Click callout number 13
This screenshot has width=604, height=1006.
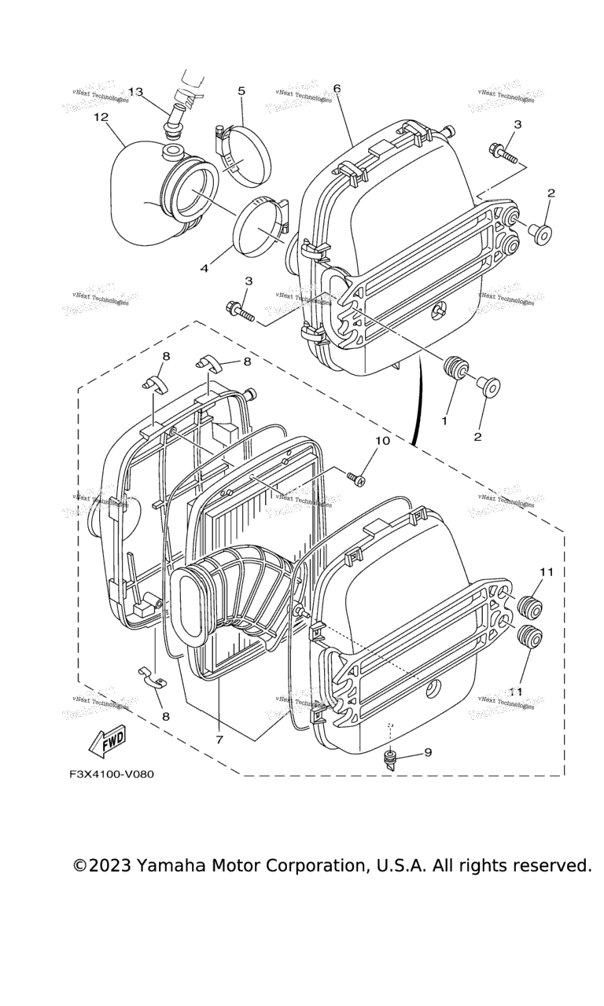(x=136, y=92)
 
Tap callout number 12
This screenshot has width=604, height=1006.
(x=100, y=117)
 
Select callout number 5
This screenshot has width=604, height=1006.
(x=241, y=91)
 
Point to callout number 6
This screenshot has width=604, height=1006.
(x=337, y=88)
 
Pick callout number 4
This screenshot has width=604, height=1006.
(x=204, y=269)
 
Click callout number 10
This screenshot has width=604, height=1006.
(x=381, y=441)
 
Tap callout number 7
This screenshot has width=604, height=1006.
(x=219, y=740)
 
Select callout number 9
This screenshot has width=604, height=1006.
(x=428, y=752)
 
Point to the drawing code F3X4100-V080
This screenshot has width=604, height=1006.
(x=111, y=774)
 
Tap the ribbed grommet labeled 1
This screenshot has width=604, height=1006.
(x=455, y=369)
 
